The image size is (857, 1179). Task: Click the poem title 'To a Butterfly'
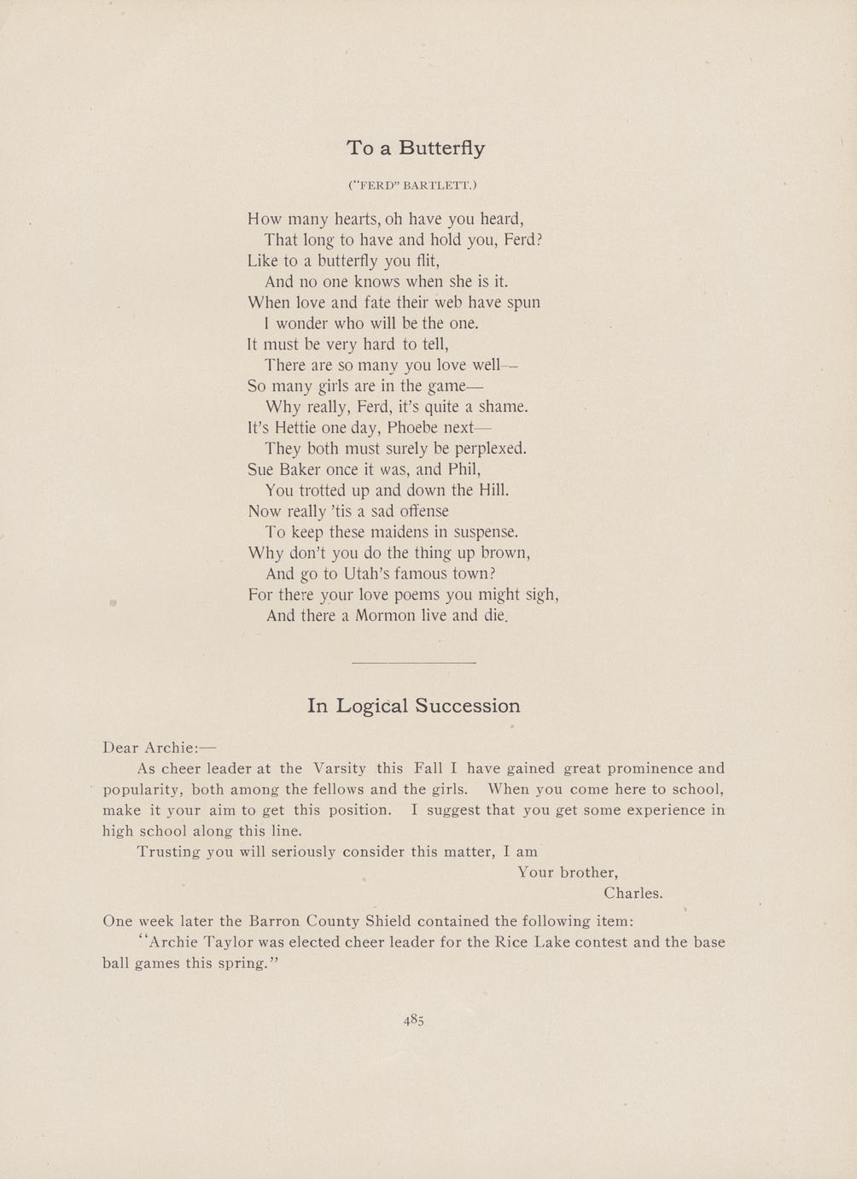coord(416,149)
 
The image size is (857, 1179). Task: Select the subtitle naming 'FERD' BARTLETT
coord(412,185)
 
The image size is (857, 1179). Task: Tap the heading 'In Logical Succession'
coord(413,706)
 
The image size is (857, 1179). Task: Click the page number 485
coord(414,1019)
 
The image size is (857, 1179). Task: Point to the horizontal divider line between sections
coord(413,663)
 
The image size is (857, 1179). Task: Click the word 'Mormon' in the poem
coord(382,615)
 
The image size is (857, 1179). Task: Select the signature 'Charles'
coord(633,894)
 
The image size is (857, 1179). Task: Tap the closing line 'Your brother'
coord(568,872)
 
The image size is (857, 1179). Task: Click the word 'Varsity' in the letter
coord(339,768)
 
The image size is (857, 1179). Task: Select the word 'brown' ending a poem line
coord(507,553)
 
